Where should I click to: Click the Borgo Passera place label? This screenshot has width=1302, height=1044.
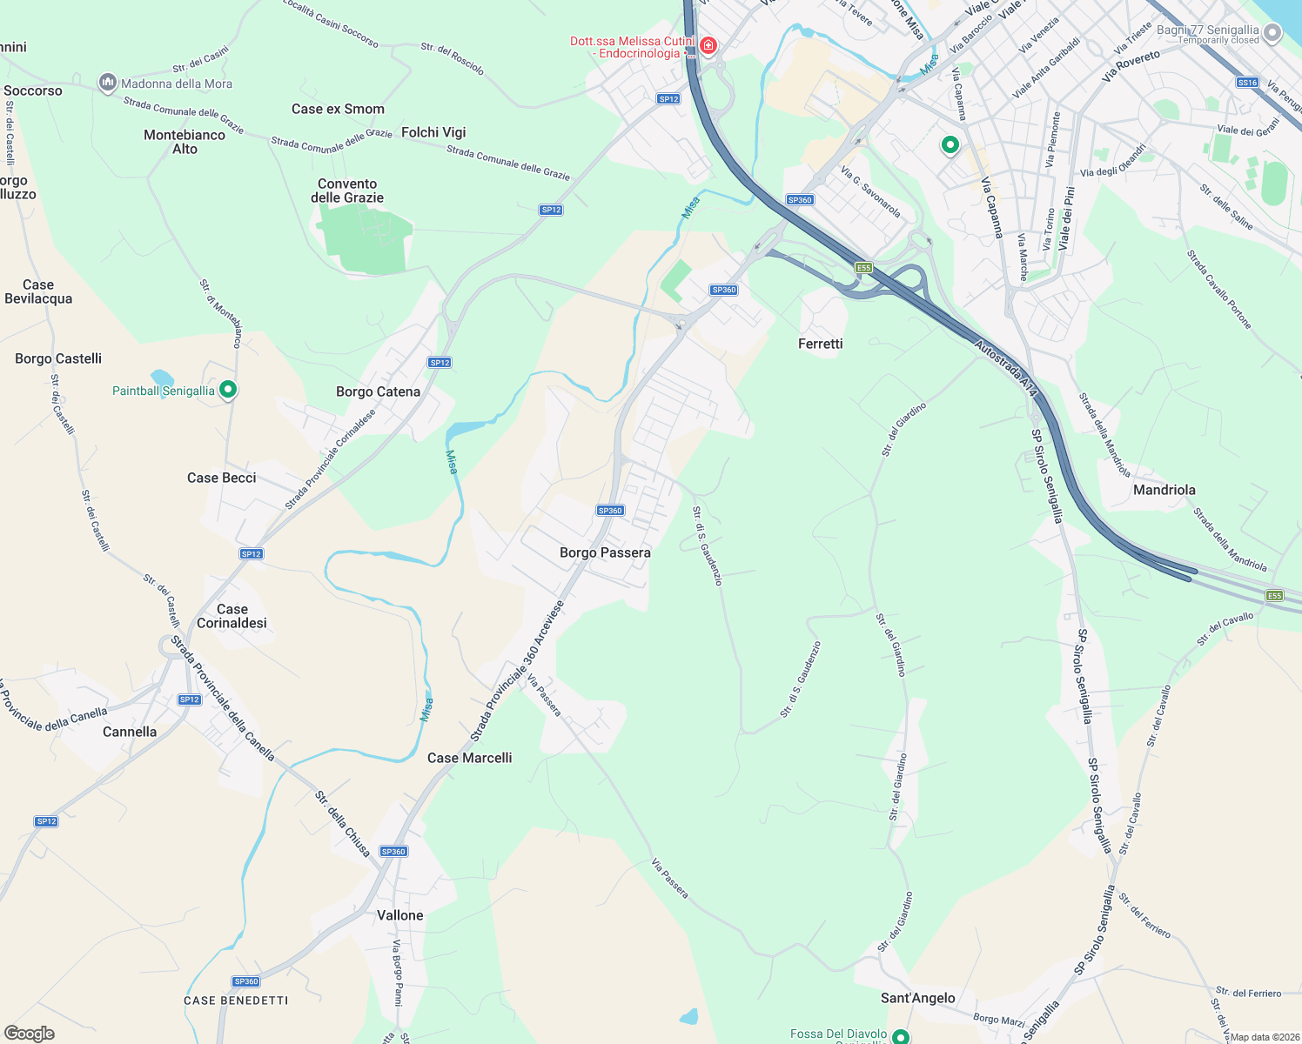[x=605, y=552]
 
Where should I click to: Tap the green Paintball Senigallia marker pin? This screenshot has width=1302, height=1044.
[x=228, y=390]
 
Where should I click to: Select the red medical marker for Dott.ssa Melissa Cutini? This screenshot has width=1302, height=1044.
[x=708, y=45]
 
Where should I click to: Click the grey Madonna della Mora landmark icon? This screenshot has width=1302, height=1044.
[x=108, y=83]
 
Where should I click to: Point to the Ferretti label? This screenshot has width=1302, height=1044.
[x=820, y=344]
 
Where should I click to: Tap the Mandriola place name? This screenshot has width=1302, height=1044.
[x=1164, y=490]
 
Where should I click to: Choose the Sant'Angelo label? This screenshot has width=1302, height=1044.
[x=917, y=998]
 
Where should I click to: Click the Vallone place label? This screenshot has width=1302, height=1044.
[x=399, y=915]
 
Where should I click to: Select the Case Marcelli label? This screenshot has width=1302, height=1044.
[x=469, y=758]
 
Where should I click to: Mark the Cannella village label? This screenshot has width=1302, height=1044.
[x=130, y=732]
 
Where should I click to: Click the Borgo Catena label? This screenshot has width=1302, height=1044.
[x=378, y=391]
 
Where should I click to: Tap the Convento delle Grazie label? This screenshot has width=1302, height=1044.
[x=347, y=191]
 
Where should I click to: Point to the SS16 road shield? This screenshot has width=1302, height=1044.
[x=1247, y=83]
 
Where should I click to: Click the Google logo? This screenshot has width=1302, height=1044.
[x=30, y=1033]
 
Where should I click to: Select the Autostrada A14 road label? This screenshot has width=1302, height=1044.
[x=1006, y=370]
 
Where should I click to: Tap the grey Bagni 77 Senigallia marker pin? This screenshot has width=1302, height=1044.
[x=1272, y=33]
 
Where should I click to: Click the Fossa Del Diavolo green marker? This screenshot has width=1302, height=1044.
[x=901, y=1036]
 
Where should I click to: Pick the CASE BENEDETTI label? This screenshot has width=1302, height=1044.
[x=236, y=1000]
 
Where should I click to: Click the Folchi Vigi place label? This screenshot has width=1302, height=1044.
[x=433, y=132]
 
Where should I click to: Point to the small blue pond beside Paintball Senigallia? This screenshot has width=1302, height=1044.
[x=161, y=378]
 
